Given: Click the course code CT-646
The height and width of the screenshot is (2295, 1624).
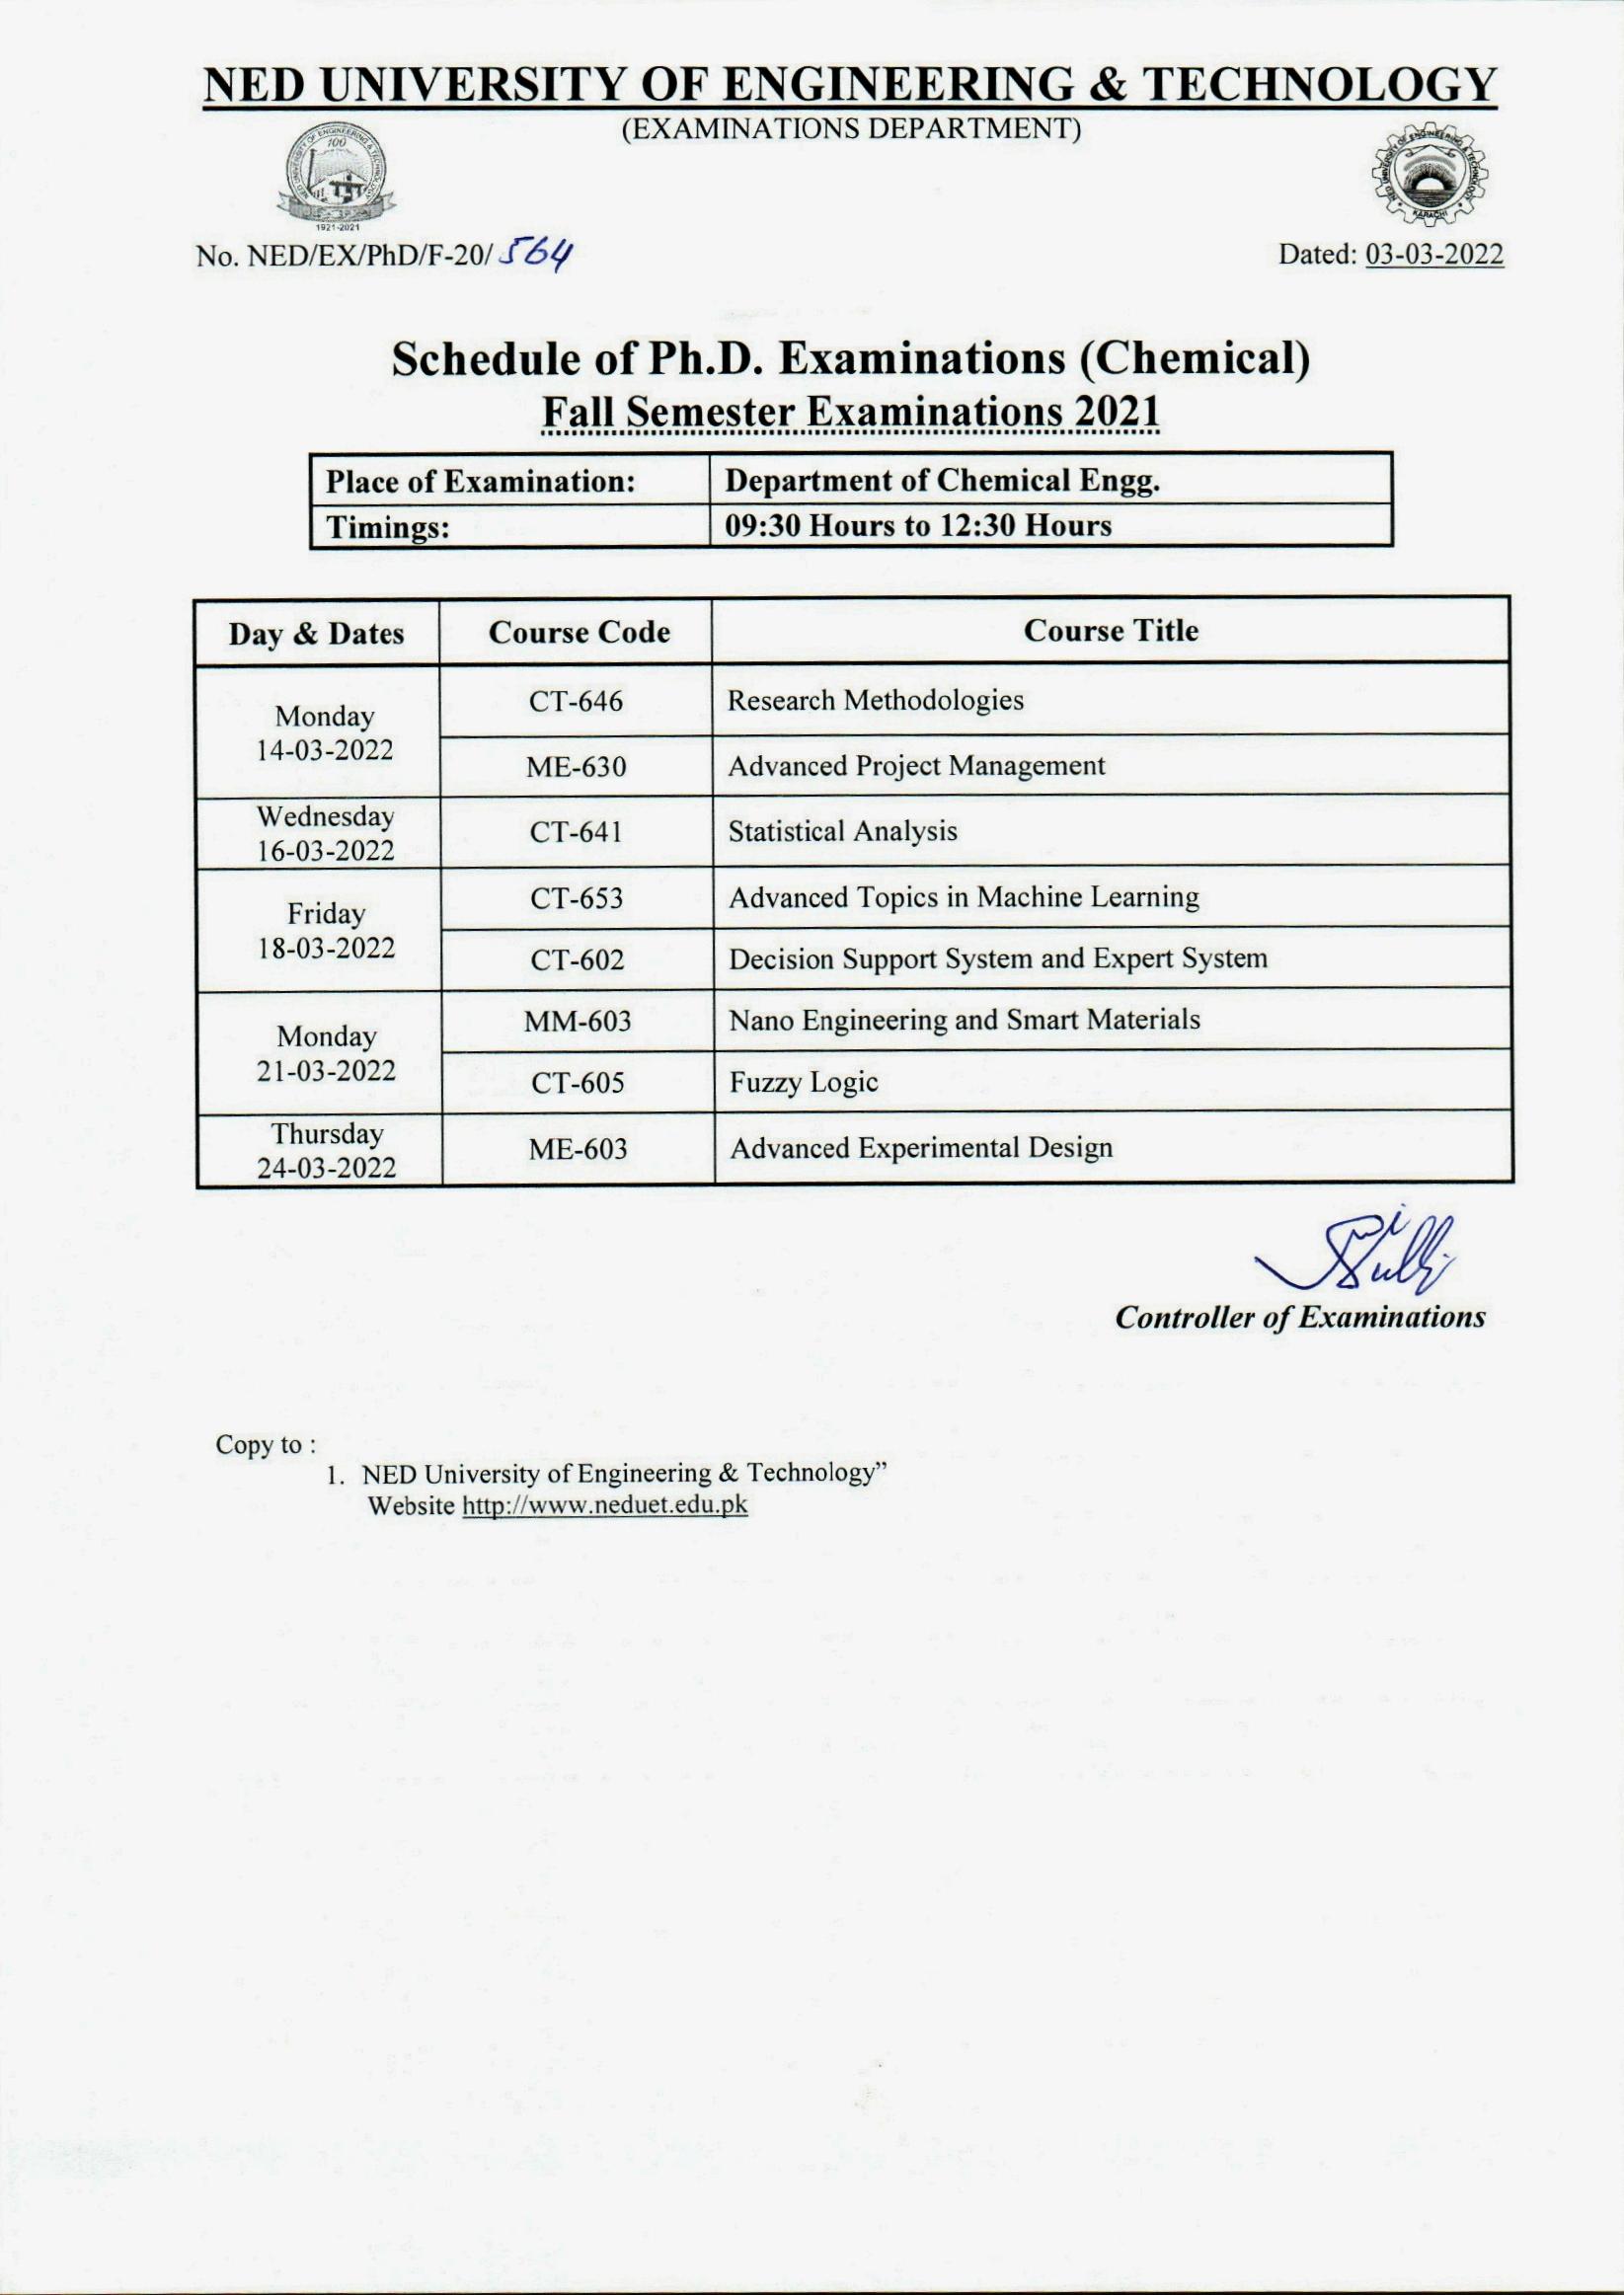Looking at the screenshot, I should pos(576,702).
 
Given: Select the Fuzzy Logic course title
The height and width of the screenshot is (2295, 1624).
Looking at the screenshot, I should pos(803,1083).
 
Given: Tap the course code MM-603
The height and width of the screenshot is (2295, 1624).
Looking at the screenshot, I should pos(578,1022).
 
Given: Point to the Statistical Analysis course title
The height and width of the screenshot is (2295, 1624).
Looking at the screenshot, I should pos(842,832).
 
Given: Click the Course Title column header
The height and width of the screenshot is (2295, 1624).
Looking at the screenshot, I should pos(1111,631).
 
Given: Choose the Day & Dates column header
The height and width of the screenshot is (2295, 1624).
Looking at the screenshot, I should pos(317,635).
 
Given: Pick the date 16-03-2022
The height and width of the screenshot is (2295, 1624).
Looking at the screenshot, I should pos(325,852).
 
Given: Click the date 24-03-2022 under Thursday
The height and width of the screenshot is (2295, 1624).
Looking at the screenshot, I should pos(326,1169).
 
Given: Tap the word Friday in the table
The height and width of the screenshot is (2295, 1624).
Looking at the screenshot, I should pos(326,914).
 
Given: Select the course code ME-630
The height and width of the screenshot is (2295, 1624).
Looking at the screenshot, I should pos(577,768).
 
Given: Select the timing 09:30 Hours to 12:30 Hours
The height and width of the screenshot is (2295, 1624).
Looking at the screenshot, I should pos(918,526).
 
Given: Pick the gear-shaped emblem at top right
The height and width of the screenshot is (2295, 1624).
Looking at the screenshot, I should pos(1434,180).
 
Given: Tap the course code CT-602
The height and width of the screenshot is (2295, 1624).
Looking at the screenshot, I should pos(577,960).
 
